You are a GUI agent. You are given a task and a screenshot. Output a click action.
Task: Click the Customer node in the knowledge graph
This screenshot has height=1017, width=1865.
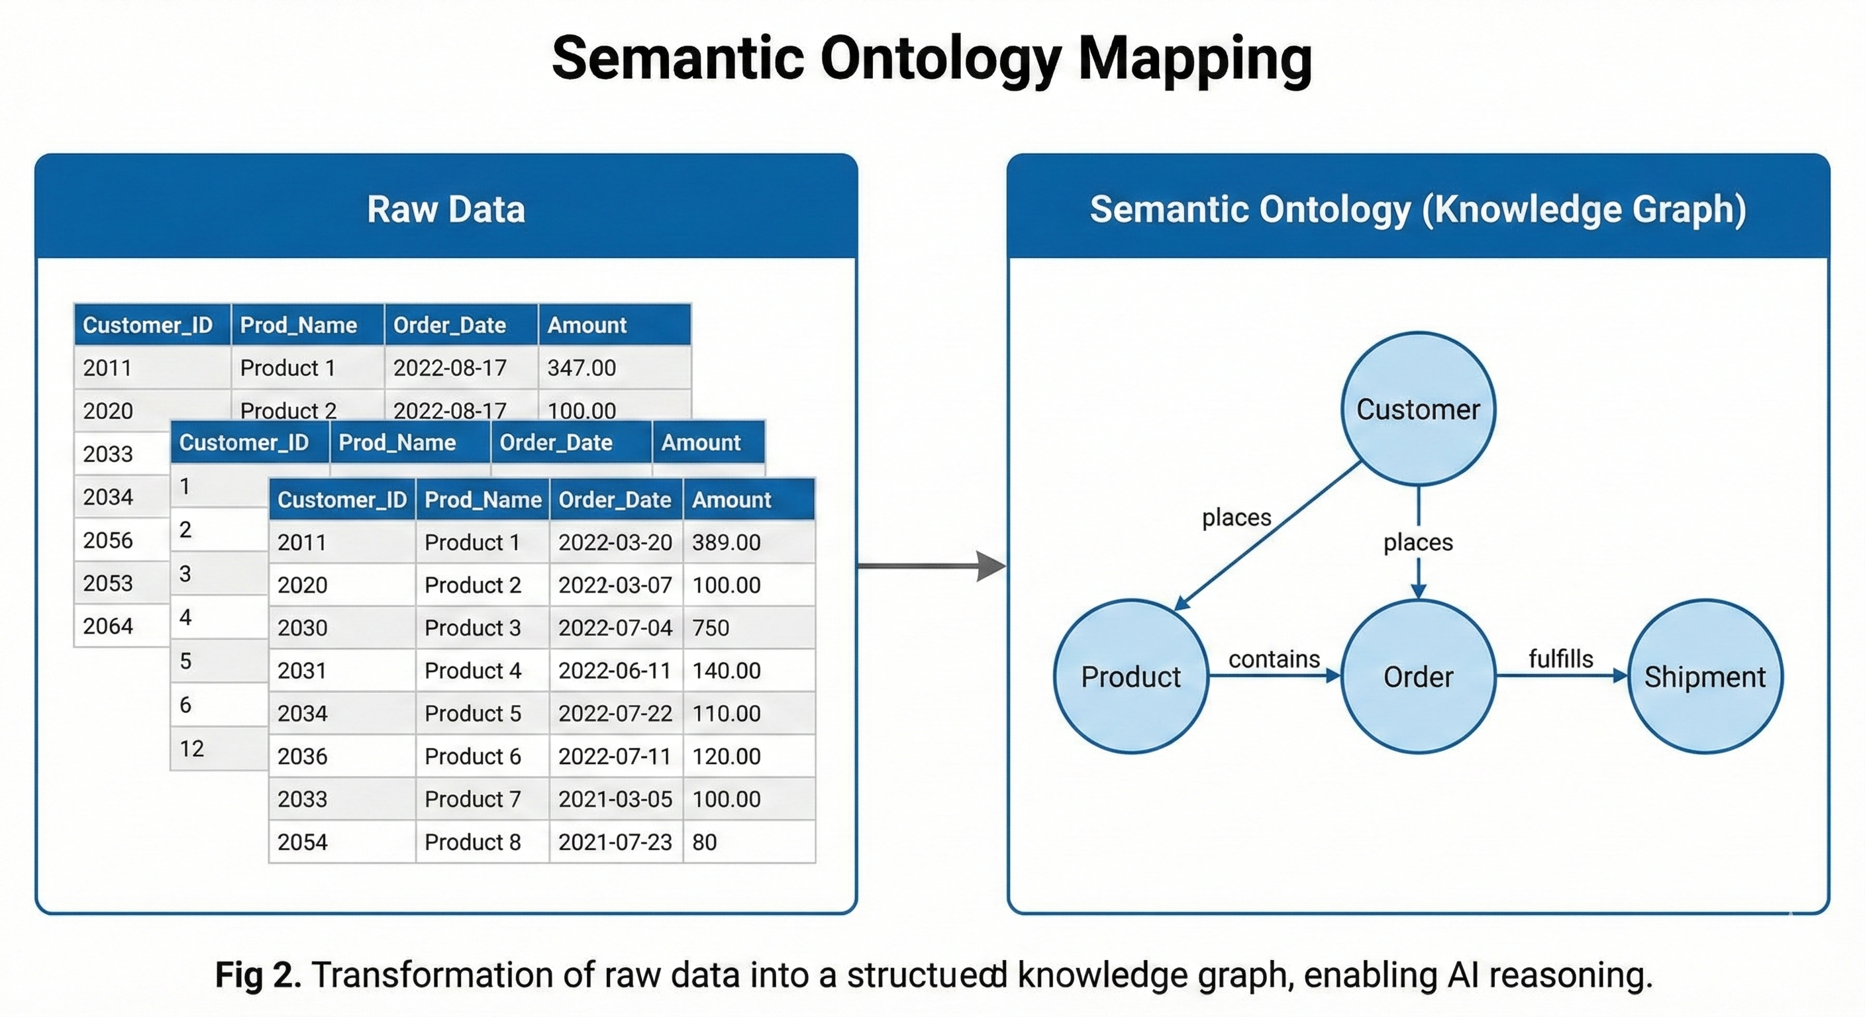pyautogui.click(x=1417, y=409)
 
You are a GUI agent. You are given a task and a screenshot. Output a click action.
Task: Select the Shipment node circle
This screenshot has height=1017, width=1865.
pyautogui.click(x=1704, y=677)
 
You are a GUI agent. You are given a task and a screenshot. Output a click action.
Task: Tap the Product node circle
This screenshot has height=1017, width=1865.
pyautogui.click(x=1130, y=677)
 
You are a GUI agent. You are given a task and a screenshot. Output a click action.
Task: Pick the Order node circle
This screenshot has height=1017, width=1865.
pyautogui.click(x=1417, y=677)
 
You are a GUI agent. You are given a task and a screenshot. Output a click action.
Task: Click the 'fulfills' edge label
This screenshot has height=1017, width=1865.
pyautogui.click(x=1560, y=659)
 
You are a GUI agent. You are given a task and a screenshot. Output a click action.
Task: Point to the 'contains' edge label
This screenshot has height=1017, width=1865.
pyautogui.click(x=1274, y=659)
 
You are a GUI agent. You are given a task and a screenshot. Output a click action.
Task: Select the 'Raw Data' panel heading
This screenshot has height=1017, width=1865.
pyautogui.click(x=446, y=209)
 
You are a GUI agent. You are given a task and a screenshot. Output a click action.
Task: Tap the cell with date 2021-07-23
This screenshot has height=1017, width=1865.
pyautogui.click(x=615, y=842)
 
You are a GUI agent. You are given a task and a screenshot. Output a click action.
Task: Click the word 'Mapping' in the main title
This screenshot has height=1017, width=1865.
pyautogui.click(x=1195, y=60)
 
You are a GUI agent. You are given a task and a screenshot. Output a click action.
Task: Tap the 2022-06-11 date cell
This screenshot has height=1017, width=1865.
pyautogui.click(x=615, y=670)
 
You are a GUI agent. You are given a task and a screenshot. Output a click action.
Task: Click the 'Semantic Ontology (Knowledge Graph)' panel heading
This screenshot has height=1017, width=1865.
pyautogui.click(x=1417, y=209)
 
